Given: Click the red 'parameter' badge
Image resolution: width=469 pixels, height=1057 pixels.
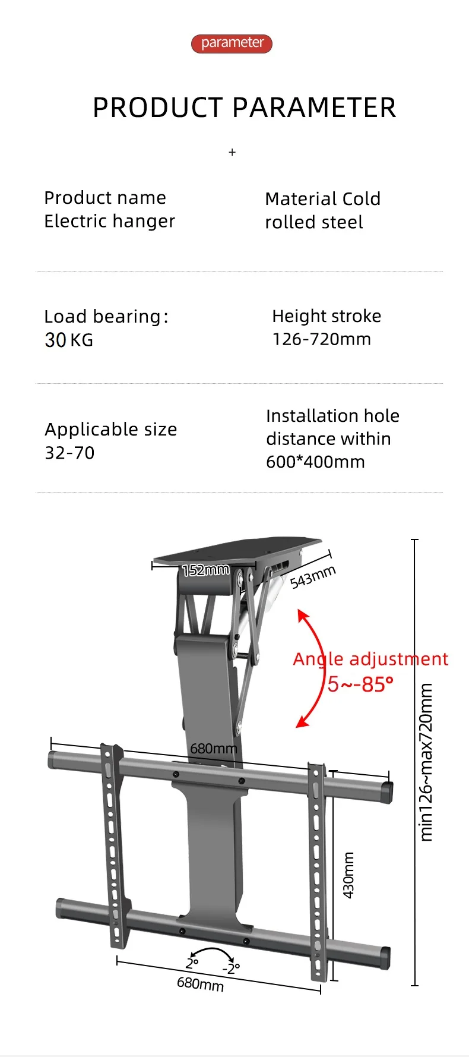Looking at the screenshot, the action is coord(232,43).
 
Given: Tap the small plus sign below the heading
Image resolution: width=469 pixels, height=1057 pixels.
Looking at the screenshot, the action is coord(232,153).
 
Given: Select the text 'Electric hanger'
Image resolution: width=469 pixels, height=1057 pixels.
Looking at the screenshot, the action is coord(110,221).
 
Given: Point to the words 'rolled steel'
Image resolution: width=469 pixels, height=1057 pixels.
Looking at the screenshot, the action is coord(313,222).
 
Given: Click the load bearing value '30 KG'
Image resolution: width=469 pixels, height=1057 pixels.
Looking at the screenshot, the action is coord(69,340).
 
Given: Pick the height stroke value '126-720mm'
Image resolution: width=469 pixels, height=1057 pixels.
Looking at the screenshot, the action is coord(321,339).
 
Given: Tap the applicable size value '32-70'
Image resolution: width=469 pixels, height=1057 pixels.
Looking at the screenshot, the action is coord(69,453).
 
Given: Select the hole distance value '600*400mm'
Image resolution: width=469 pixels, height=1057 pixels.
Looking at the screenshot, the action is coord(315,462).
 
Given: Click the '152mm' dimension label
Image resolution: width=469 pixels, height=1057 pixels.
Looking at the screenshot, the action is coord(205,570).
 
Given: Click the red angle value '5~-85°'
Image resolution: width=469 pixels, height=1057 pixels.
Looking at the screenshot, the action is coord(360,684).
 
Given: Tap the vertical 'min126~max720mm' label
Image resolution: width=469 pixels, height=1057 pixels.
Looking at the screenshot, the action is coord(426,762).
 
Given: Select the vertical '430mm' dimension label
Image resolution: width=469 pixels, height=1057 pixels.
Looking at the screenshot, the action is coord(348,875).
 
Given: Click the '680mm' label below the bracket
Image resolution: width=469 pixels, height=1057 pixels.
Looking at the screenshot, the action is coord(200,984).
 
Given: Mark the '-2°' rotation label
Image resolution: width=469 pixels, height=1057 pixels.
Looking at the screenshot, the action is coord(231,968).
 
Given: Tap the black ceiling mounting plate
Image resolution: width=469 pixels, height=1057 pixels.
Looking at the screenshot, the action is coord(237,550).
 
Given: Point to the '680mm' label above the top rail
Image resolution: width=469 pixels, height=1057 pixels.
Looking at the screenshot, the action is coord(213,749).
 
